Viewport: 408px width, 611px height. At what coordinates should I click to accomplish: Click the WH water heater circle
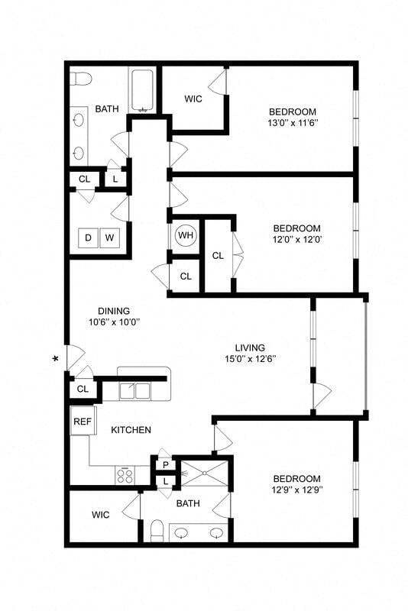[186, 235]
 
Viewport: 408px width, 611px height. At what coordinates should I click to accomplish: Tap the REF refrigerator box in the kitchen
[82, 422]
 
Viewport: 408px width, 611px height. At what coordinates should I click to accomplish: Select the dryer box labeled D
[88, 238]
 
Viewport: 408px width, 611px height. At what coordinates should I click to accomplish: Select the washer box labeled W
[109, 238]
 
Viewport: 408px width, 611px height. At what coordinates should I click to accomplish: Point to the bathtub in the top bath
[143, 91]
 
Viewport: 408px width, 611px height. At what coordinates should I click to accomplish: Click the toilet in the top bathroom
[82, 78]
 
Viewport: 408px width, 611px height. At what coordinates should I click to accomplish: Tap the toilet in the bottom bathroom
[157, 529]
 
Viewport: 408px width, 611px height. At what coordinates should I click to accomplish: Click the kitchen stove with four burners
[124, 474]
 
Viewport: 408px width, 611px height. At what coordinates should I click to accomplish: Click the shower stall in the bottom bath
[204, 473]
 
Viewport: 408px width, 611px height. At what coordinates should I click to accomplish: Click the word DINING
[113, 311]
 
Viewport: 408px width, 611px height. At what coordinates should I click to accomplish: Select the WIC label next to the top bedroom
[193, 99]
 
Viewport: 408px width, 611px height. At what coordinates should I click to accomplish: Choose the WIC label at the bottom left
[100, 515]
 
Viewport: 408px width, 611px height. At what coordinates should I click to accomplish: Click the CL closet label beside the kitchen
[83, 389]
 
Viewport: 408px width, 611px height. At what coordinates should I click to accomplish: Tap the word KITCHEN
[131, 430]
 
